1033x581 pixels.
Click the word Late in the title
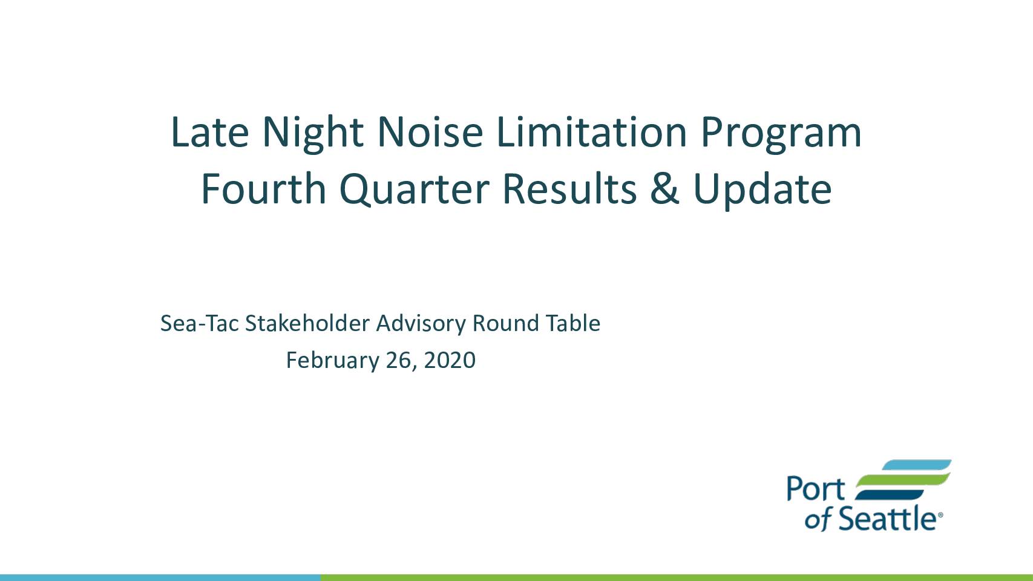[210, 133]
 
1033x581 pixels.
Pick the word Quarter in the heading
[414, 190]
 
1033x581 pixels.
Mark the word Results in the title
[569, 188]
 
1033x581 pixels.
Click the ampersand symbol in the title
[664, 189]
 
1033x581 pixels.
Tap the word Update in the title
[762, 191]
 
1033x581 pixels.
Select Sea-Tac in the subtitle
[200, 323]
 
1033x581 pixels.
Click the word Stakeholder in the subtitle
[307, 323]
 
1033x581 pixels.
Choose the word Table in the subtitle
[573, 323]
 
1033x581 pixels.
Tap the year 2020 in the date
[450, 360]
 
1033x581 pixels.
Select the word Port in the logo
[815, 489]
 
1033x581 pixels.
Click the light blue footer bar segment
[160, 578]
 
